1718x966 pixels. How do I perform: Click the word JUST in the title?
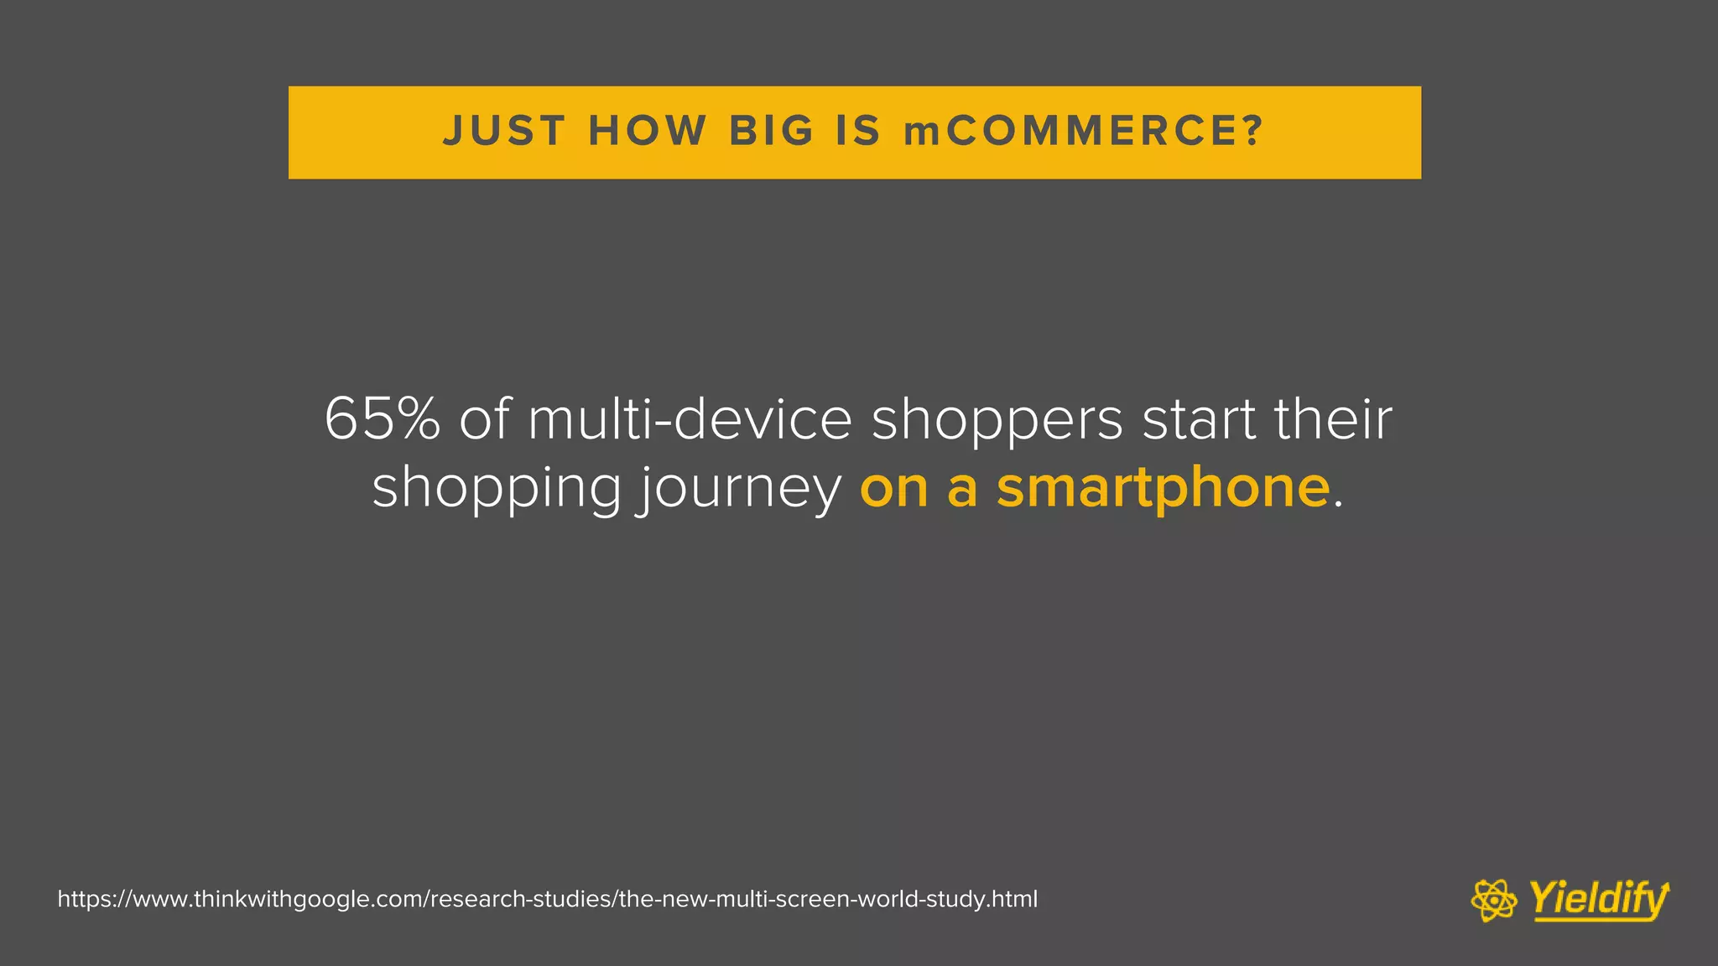(x=503, y=132)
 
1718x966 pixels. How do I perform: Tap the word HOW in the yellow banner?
(x=648, y=132)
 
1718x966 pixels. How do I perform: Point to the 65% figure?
(x=383, y=418)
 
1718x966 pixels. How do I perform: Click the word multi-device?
(x=690, y=418)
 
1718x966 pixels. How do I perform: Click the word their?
(x=1333, y=418)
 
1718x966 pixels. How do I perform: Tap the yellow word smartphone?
(x=1163, y=488)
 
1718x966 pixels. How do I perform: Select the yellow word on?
(x=894, y=488)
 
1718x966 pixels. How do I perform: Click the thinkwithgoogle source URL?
(x=547, y=899)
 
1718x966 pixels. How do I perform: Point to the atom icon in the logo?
(x=1494, y=900)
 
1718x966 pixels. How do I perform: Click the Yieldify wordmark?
(x=1598, y=900)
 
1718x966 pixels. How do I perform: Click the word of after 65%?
(x=484, y=418)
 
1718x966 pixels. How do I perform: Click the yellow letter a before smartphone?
(x=962, y=488)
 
